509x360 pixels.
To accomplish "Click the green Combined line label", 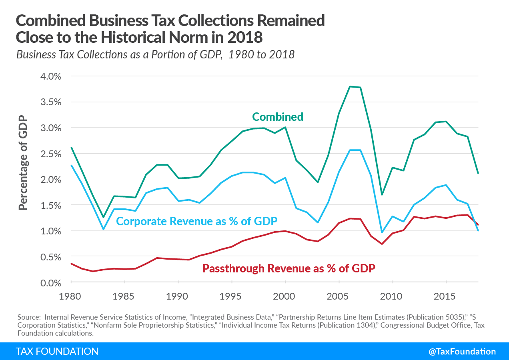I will (277, 117).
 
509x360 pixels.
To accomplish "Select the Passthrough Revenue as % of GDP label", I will (289, 268).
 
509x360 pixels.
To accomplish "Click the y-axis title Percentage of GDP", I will (23, 163).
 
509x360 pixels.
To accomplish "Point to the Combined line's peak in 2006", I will (350, 86).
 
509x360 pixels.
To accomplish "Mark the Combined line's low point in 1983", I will (104, 217).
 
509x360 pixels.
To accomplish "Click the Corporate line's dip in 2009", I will (382, 232).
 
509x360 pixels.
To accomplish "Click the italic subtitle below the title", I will (155, 55).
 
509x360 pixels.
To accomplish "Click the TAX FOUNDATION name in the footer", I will (57, 352).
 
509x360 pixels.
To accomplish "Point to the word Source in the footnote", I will (29, 317).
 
